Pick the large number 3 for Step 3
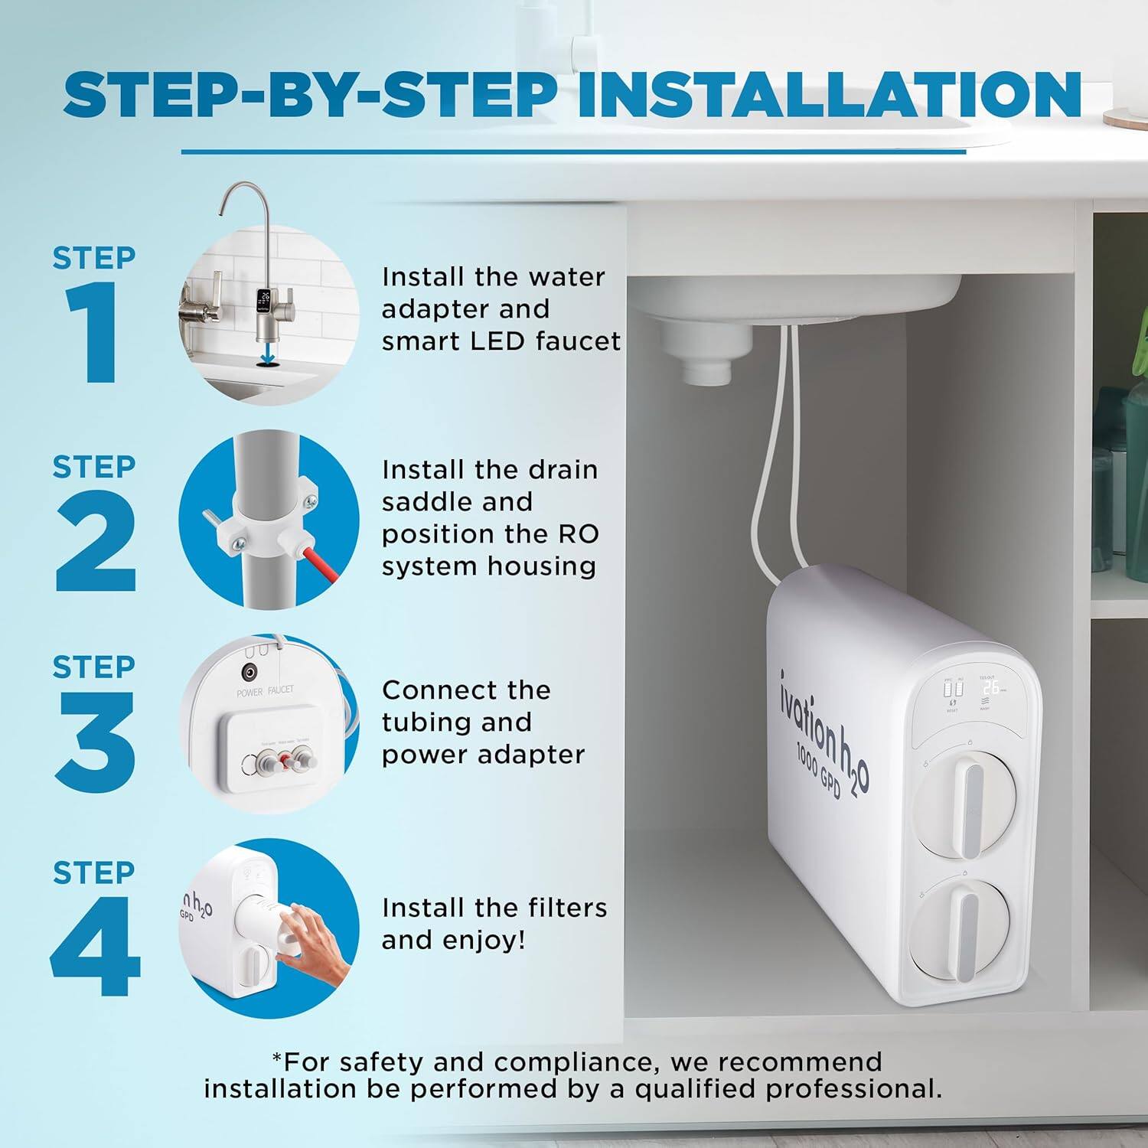tap(93, 742)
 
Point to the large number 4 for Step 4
tap(95, 947)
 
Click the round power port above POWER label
tap(249, 672)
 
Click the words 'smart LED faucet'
tap(501, 341)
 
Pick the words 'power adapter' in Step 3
tap(483, 755)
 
